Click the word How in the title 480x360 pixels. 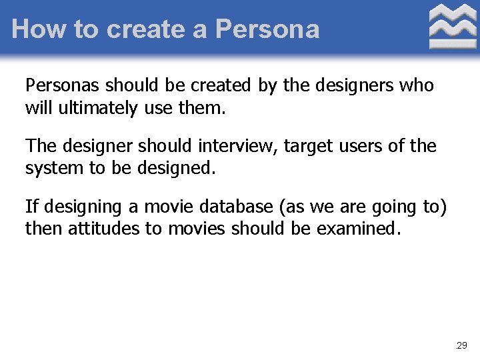[34, 29]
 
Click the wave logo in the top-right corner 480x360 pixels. [452, 27]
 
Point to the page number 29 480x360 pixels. [461, 345]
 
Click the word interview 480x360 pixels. [239, 146]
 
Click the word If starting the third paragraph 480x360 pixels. [31, 207]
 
